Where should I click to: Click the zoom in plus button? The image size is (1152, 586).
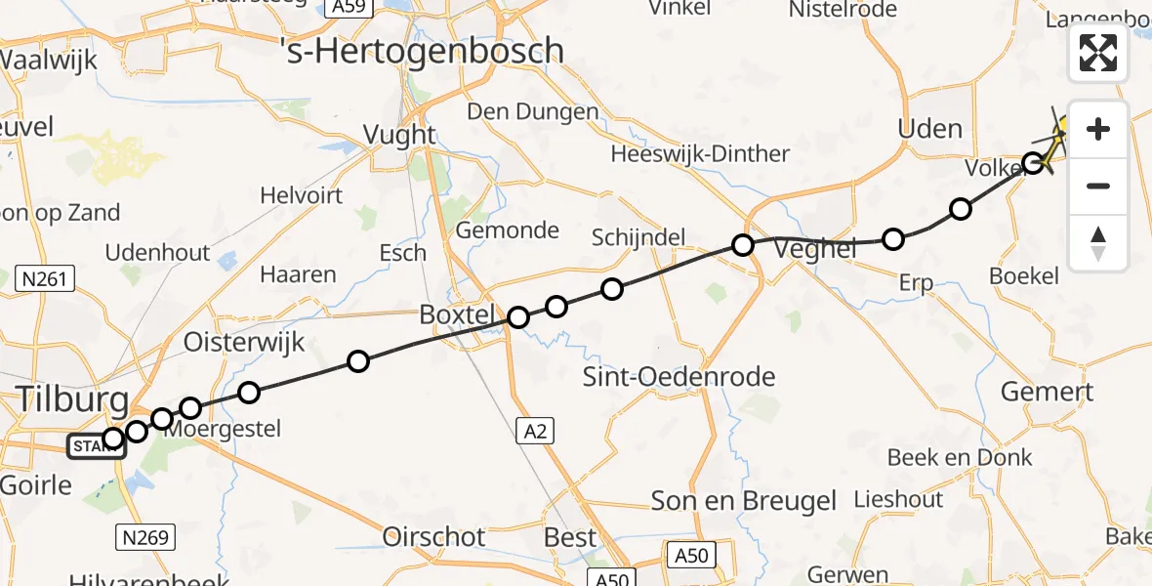pos(1098,129)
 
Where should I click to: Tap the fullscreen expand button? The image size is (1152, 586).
pos(1098,53)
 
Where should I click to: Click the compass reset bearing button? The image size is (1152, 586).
pos(1098,243)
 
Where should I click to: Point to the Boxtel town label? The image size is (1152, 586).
pos(458,315)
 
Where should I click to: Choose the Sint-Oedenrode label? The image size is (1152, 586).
pos(679,377)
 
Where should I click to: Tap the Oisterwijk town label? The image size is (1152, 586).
pos(244,342)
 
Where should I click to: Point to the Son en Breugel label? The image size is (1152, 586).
pos(745,502)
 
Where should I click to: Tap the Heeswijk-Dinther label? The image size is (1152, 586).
pos(700,153)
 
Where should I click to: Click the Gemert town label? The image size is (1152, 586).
pos(1048,393)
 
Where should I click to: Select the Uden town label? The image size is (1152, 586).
pos(929,129)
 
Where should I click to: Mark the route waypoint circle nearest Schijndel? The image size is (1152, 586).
pos(612,288)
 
